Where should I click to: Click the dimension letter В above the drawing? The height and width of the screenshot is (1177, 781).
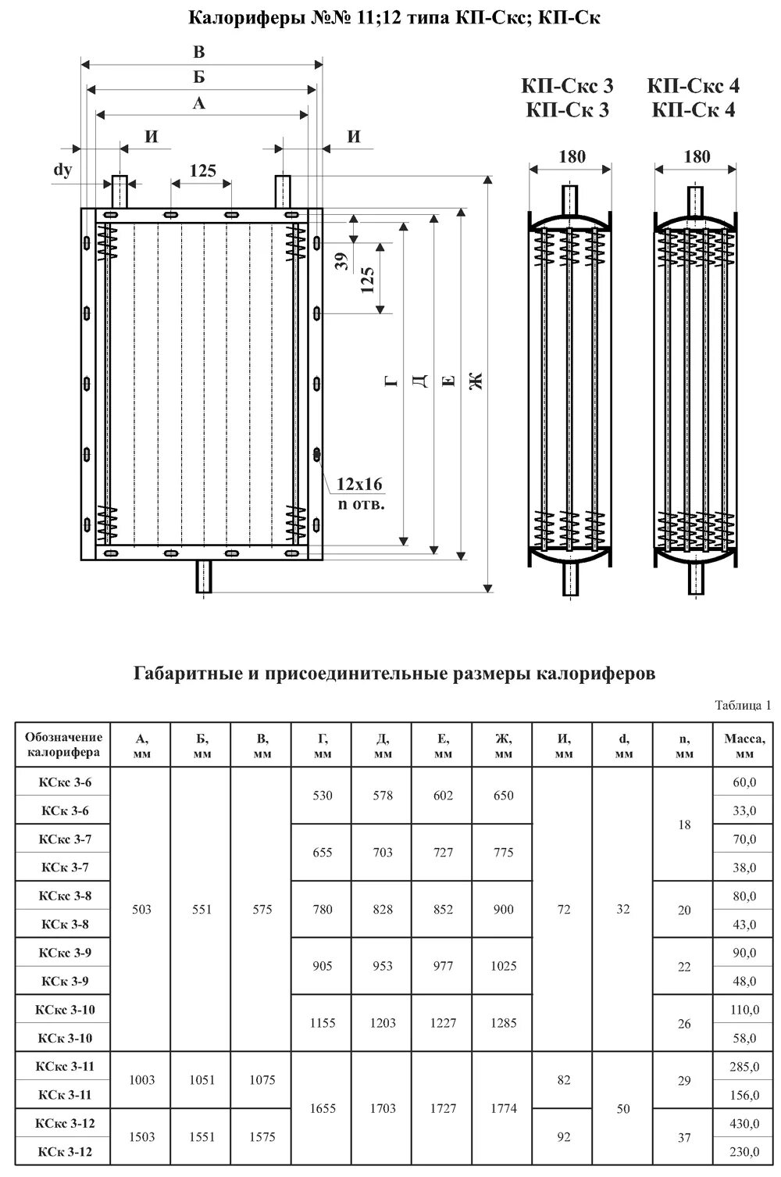click(200, 52)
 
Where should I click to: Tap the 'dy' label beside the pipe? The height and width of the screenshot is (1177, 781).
click(62, 169)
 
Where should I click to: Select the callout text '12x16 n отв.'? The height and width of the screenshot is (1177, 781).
click(360, 493)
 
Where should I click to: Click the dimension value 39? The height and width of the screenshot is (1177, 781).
click(341, 261)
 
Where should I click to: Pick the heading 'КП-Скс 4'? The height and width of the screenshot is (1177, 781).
click(694, 86)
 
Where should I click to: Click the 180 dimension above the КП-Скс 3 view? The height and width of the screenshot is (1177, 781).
click(571, 156)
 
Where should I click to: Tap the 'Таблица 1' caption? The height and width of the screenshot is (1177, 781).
click(743, 705)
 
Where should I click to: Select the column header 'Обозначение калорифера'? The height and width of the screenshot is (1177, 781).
click(63, 745)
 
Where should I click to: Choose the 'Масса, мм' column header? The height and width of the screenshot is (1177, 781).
click(744, 745)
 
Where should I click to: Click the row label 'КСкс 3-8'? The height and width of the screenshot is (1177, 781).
click(65, 896)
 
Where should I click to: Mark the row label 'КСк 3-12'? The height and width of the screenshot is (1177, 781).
click(65, 1152)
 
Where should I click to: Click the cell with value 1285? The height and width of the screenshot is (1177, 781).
click(503, 1023)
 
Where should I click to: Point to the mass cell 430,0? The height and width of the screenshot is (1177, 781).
click(744, 1123)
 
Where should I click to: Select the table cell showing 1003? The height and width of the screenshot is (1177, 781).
click(142, 1080)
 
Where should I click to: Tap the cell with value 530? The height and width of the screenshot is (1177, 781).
click(322, 796)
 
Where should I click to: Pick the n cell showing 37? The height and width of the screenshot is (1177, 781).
click(684, 1137)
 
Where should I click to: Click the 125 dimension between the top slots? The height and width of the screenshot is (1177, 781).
click(202, 170)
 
